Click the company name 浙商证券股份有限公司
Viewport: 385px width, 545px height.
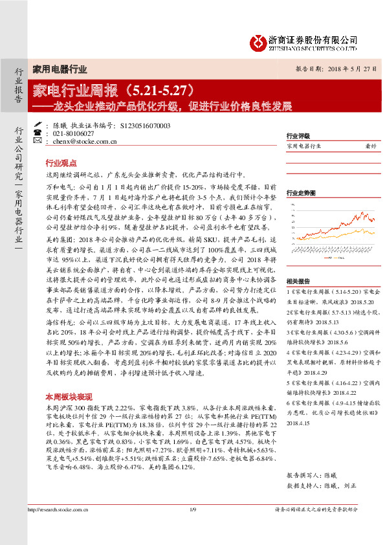tap(313, 39)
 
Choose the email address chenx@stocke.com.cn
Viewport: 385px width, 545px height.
tap(84, 140)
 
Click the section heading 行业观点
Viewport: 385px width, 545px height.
tap(61, 164)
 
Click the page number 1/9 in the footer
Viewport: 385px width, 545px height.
tap(192, 510)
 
